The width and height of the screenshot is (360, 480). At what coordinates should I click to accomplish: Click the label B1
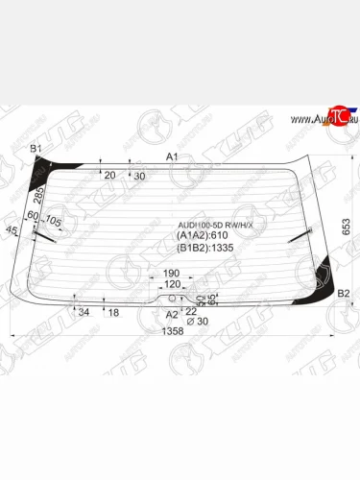(x=36, y=149)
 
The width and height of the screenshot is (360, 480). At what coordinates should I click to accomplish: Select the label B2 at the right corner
(x=344, y=293)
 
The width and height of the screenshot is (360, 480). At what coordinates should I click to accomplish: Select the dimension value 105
(x=54, y=222)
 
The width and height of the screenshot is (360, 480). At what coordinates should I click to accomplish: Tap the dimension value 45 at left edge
(x=12, y=231)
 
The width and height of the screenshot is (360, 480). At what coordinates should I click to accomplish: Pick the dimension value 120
(x=173, y=285)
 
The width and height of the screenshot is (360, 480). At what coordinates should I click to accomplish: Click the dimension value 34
(x=84, y=313)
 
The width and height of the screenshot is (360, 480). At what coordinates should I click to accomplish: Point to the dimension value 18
(x=113, y=313)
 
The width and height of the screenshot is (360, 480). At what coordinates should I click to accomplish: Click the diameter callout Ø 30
(x=197, y=321)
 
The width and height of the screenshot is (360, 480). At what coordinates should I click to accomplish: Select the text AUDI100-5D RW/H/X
(x=214, y=227)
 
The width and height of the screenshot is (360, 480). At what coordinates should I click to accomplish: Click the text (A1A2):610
(x=203, y=240)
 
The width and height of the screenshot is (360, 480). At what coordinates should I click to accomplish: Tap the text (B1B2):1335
(x=204, y=255)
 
